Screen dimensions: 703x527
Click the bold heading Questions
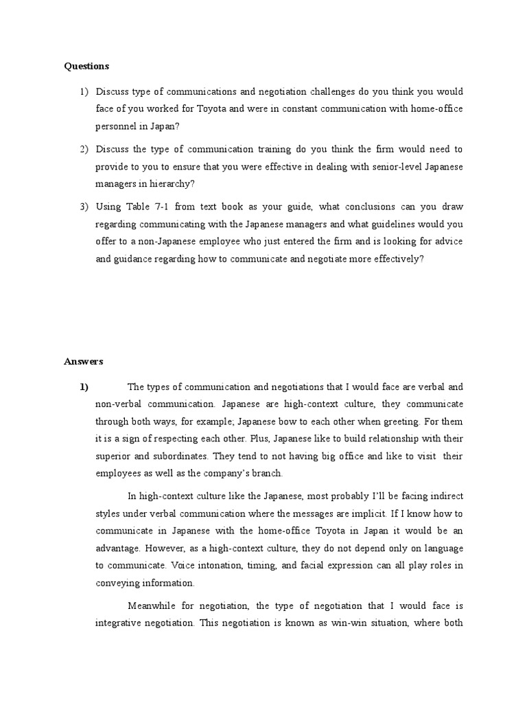tap(86, 67)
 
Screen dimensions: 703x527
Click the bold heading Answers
tap(84, 361)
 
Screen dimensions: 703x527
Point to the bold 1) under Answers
tap(84, 388)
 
